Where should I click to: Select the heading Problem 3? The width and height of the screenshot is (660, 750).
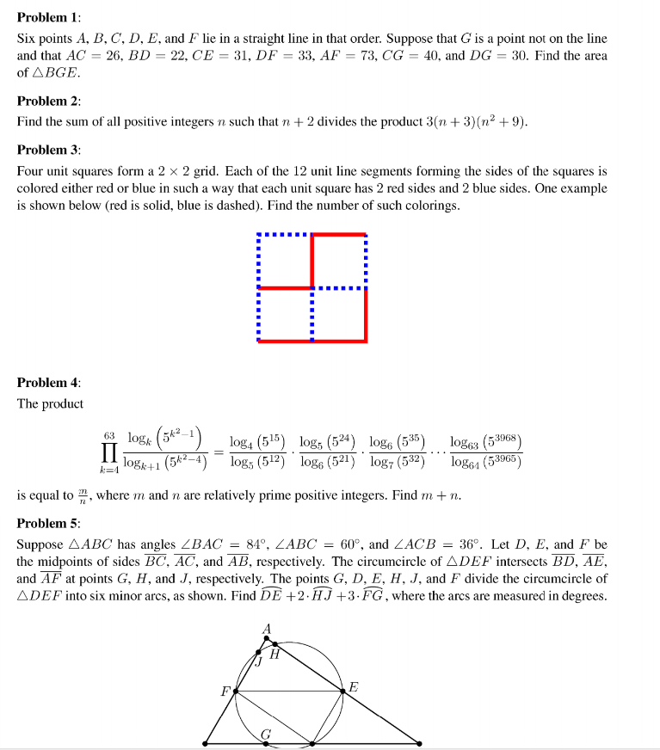tap(48, 150)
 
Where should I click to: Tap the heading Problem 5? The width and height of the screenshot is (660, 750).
tap(48, 524)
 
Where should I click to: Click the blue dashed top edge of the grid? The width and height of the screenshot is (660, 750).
tap(284, 234)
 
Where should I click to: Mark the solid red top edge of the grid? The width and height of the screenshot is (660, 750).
tap(339, 234)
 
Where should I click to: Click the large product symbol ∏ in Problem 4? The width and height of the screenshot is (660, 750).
tap(109, 452)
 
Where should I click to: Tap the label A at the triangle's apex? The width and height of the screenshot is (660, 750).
tap(267, 630)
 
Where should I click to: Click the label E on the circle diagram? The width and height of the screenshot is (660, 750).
tap(353, 686)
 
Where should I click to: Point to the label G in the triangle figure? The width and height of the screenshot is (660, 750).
tap(267, 733)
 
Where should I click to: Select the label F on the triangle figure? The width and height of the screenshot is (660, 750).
tap(225, 691)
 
